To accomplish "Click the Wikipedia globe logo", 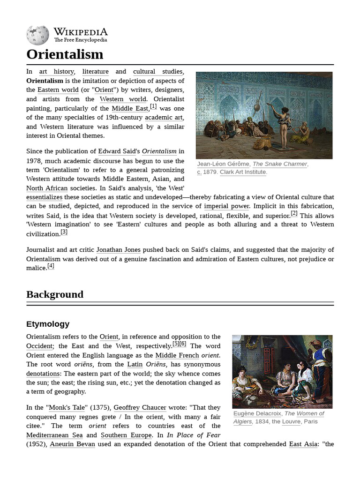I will point(37,35).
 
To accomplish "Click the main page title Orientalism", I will point(65,54).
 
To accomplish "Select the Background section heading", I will point(55,294).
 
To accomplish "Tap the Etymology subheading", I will point(48,324).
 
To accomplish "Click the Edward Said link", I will point(116,151).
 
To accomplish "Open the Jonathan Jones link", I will point(118,250).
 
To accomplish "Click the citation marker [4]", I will point(51,266).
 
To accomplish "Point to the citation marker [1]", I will point(153,106).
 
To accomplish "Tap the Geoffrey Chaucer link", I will point(140,408).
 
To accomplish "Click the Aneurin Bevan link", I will point(72,444).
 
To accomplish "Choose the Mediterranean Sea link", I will point(54,435).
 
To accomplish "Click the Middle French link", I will point(177,355).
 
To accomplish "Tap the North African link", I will point(47,188).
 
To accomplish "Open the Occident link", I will point(39,346).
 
